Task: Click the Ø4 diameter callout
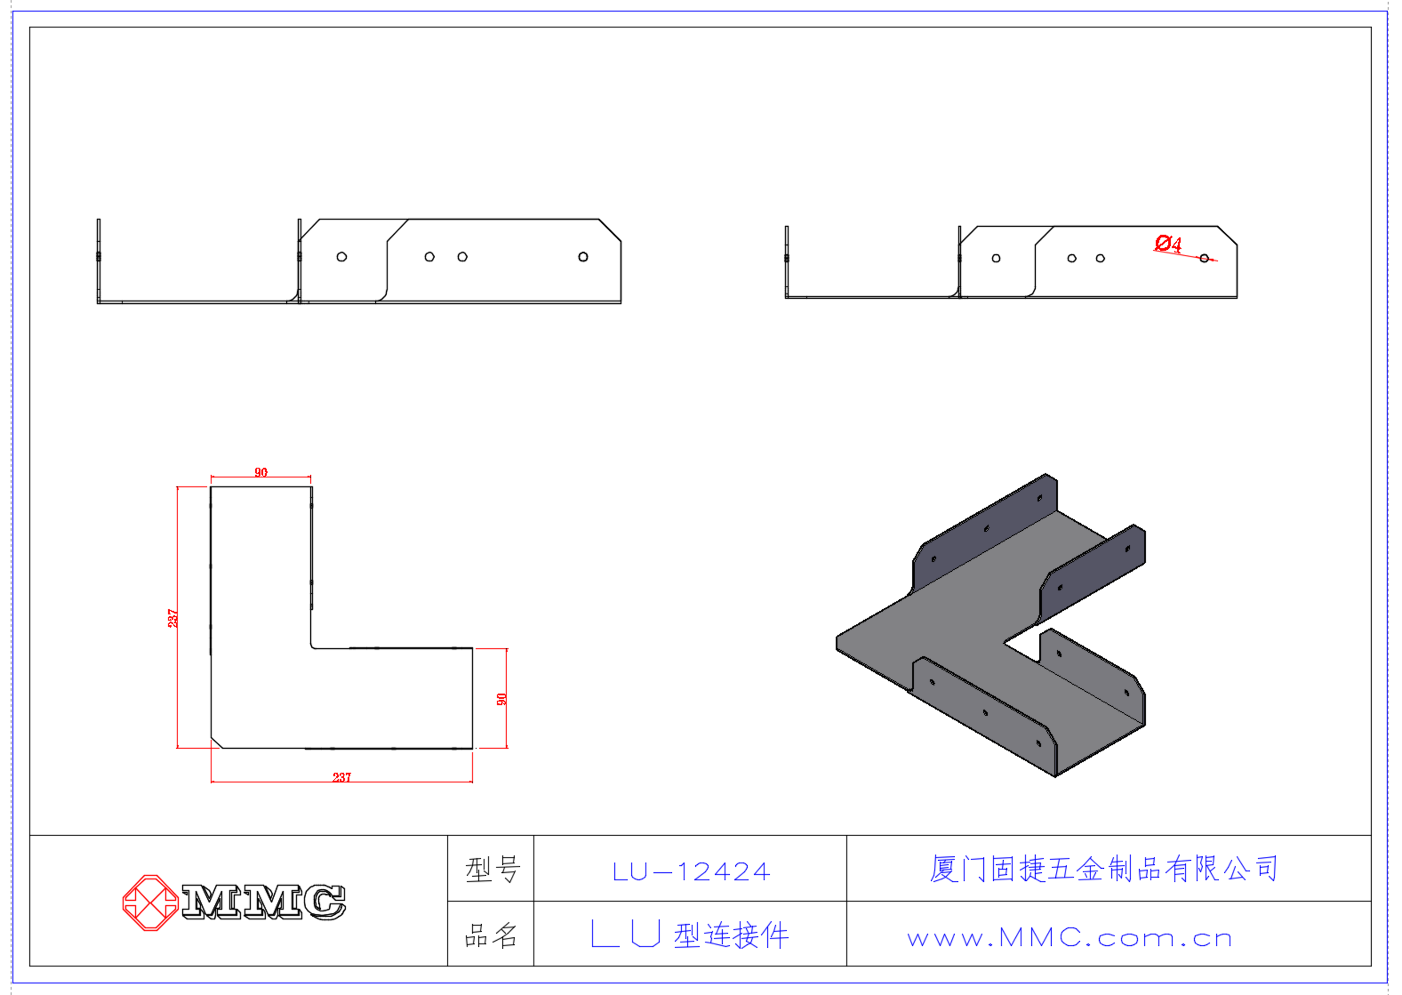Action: pos(1167,243)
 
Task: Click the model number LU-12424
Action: pos(691,872)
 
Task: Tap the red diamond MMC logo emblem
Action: pos(151,903)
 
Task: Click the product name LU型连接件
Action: pos(690,935)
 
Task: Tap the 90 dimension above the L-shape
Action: pos(261,472)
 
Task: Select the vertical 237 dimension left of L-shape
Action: pos(173,618)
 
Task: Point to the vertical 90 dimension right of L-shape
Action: pos(501,699)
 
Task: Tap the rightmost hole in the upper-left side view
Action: pos(583,257)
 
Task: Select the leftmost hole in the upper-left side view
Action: pos(342,257)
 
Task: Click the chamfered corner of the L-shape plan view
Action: pos(217,742)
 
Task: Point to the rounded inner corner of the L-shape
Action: pos(313,645)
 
